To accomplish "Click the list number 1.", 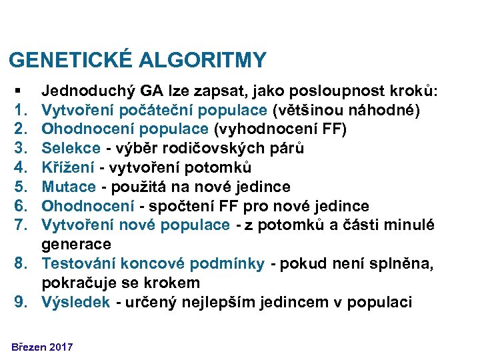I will (18, 109).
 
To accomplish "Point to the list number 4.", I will (18, 167).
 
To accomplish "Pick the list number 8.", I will (18, 263).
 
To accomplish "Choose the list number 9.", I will (18, 302).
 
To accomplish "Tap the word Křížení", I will (66, 167).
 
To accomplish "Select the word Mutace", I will (65, 187).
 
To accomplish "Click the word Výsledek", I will (75, 302).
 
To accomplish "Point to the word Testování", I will (77, 263).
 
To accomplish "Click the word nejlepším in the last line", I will (259, 302).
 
